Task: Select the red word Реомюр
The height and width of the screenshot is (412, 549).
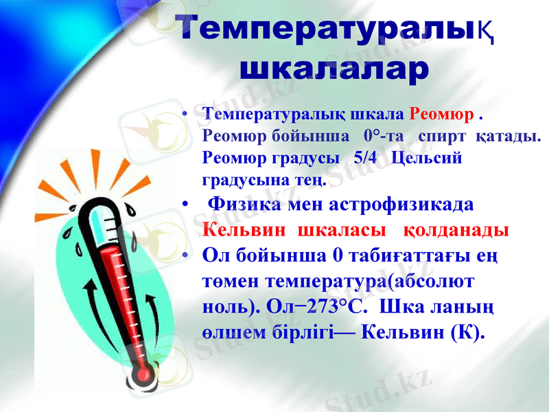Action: [x=441, y=113]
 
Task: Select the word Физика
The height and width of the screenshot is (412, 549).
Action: [x=244, y=205]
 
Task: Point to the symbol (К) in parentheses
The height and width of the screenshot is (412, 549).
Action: [x=467, y=332]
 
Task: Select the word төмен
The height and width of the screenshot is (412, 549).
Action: [x=232, y=281]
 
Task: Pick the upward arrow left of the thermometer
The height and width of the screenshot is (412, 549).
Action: [x=92, y=302]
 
